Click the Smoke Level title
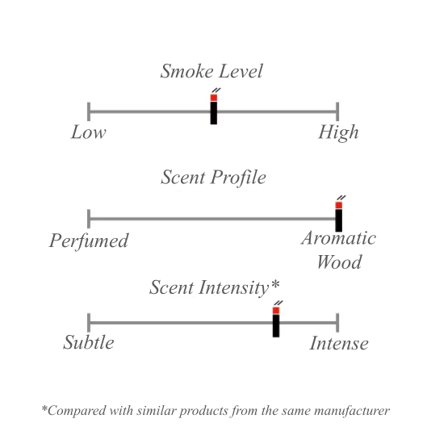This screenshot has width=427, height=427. [211, 71]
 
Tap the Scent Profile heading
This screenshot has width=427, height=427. [213, 178]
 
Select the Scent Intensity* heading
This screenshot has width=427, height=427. [215, 287]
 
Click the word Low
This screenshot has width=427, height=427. [89, 132]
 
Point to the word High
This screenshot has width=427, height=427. [338, 132]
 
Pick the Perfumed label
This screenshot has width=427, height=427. [89, 241]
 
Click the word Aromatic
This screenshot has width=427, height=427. [338, 238]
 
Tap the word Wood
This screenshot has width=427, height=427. [339, 262]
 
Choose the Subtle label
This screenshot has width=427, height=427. [89, 342]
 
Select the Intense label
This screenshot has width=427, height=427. [339, 343]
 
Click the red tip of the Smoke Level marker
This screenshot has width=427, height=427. [214, 98]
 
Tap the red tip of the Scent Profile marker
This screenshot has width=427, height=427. [339, 205]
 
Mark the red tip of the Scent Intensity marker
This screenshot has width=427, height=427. [276, 311]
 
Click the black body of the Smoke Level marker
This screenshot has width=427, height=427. [214, 113]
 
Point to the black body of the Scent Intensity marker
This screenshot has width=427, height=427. [276, 326]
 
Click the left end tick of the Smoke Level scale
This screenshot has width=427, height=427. [89, 111]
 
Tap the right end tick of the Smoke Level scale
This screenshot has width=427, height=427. [337, 111]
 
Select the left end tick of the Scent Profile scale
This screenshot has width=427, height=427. [89, 219]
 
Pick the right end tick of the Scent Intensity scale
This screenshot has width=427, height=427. [337, 323]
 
